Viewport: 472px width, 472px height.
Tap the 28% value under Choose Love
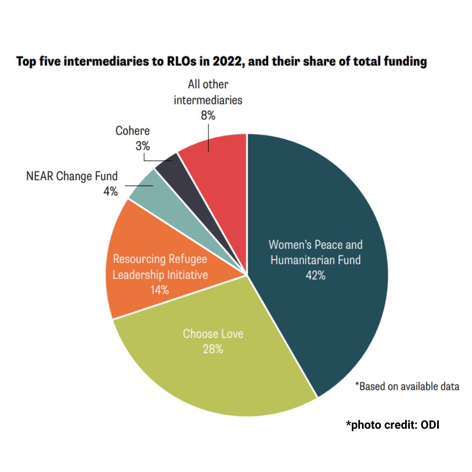tap(213, 349)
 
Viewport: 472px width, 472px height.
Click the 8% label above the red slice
tap(208, 116)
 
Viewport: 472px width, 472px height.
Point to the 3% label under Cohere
tap(142, 146)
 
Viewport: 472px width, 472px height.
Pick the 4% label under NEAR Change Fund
tap(111, 191)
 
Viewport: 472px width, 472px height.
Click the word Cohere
tap(132, 131)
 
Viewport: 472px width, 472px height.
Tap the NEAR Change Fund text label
tap(72, 177)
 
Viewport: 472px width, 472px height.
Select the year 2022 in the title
tap(224, 62)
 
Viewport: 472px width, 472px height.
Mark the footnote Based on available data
tap(407, 386)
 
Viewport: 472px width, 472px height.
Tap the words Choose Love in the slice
tap(213, 334)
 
